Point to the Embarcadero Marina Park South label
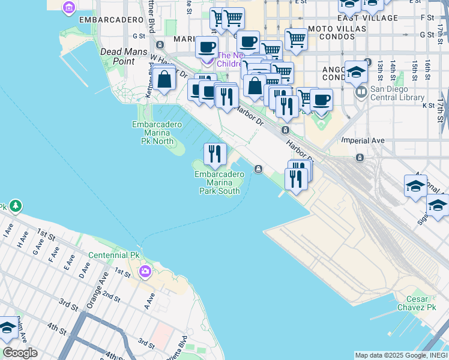tap(220, 182)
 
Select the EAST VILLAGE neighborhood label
tap(372, 18)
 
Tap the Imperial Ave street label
tap(362, 140)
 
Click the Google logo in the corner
tap(20, 353)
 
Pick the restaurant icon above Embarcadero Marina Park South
tap(214, 154)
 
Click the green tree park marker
tap(15, 206)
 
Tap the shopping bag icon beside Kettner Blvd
tap(163, 79)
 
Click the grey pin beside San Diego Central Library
tap(361, 92)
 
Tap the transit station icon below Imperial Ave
tap(360, 158)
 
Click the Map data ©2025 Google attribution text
tap(400, 355)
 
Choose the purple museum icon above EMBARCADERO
tap(69, 7)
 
